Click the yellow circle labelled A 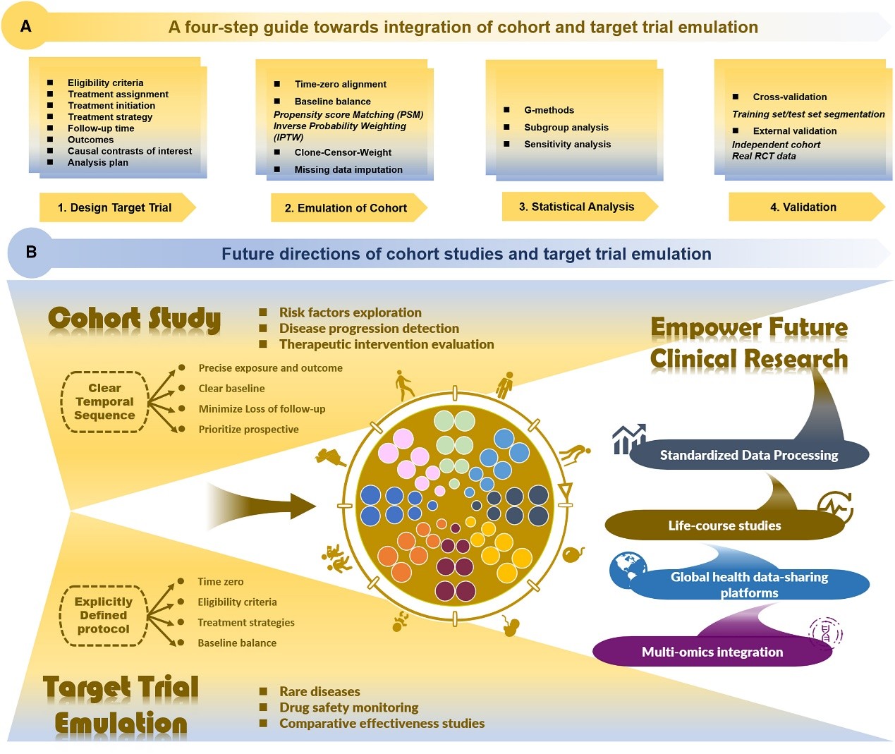[26, 26]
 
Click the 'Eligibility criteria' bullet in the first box [105, 83]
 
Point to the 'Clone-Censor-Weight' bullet [343, 152]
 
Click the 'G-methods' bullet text [549, 110]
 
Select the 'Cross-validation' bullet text [789, 97]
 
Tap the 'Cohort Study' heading [134, 319]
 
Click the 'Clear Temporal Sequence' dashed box [104, 401]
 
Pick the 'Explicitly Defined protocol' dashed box [104, 615]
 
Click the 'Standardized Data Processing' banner [748, 455]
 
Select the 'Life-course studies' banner [724, 525]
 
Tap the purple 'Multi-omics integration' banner [712, 652]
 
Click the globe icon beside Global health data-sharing [627, 568]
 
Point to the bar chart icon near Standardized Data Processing [628, 439]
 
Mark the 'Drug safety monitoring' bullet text [348, 707]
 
